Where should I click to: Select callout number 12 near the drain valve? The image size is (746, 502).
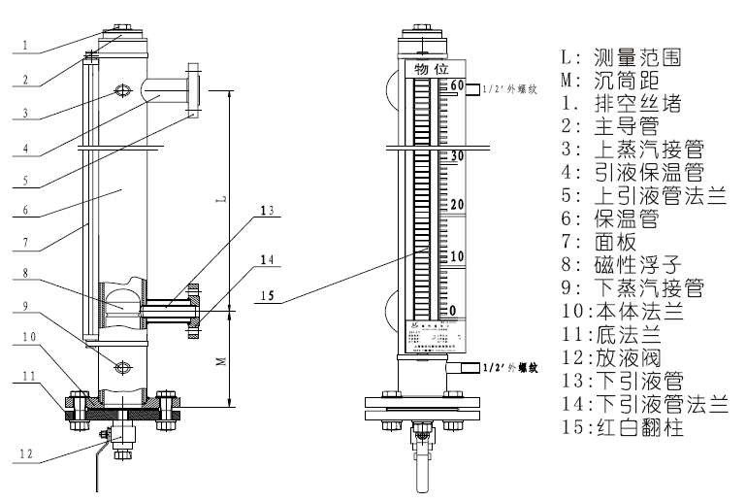point(30,453)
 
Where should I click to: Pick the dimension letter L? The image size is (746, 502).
point(222,198)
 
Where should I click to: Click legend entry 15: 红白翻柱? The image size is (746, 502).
point(631,427)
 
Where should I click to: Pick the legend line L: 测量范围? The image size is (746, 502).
point(621,57)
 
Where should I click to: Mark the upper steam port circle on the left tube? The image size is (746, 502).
point(123,90)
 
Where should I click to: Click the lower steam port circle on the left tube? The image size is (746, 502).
point(123,366)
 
